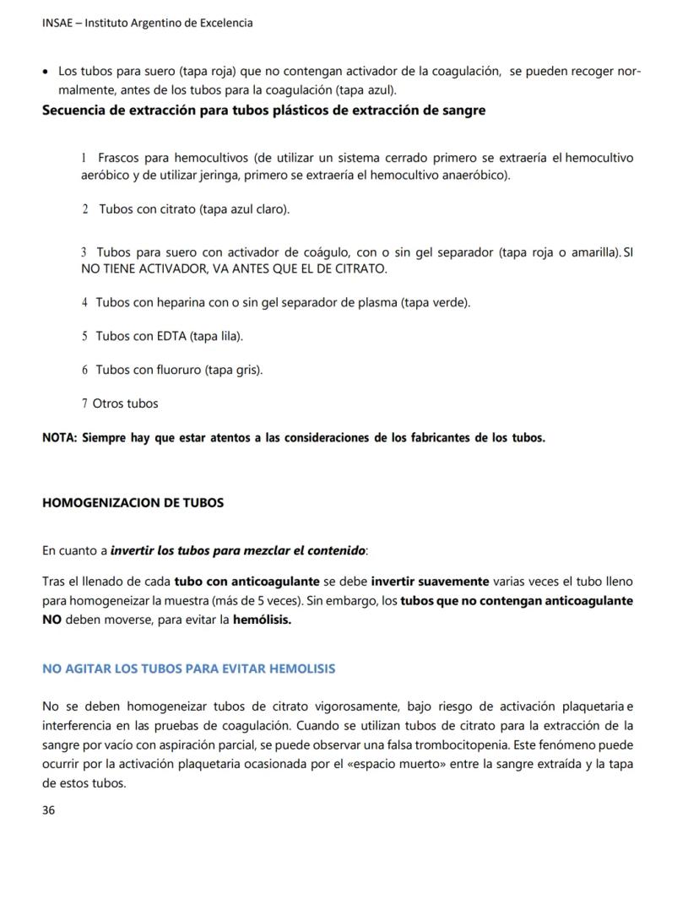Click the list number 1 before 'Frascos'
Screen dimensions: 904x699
(84, 159)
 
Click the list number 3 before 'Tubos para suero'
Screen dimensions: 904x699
(84, 252)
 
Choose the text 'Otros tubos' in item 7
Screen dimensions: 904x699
(125, 403)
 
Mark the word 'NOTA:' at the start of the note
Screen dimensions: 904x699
(60, 438)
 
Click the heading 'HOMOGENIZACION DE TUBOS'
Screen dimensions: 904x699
(133, 503)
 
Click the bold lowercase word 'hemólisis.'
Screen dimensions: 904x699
(262, 620)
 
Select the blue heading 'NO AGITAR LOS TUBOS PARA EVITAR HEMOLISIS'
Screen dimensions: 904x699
(188, 669)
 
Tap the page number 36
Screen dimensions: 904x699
(49, 810)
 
